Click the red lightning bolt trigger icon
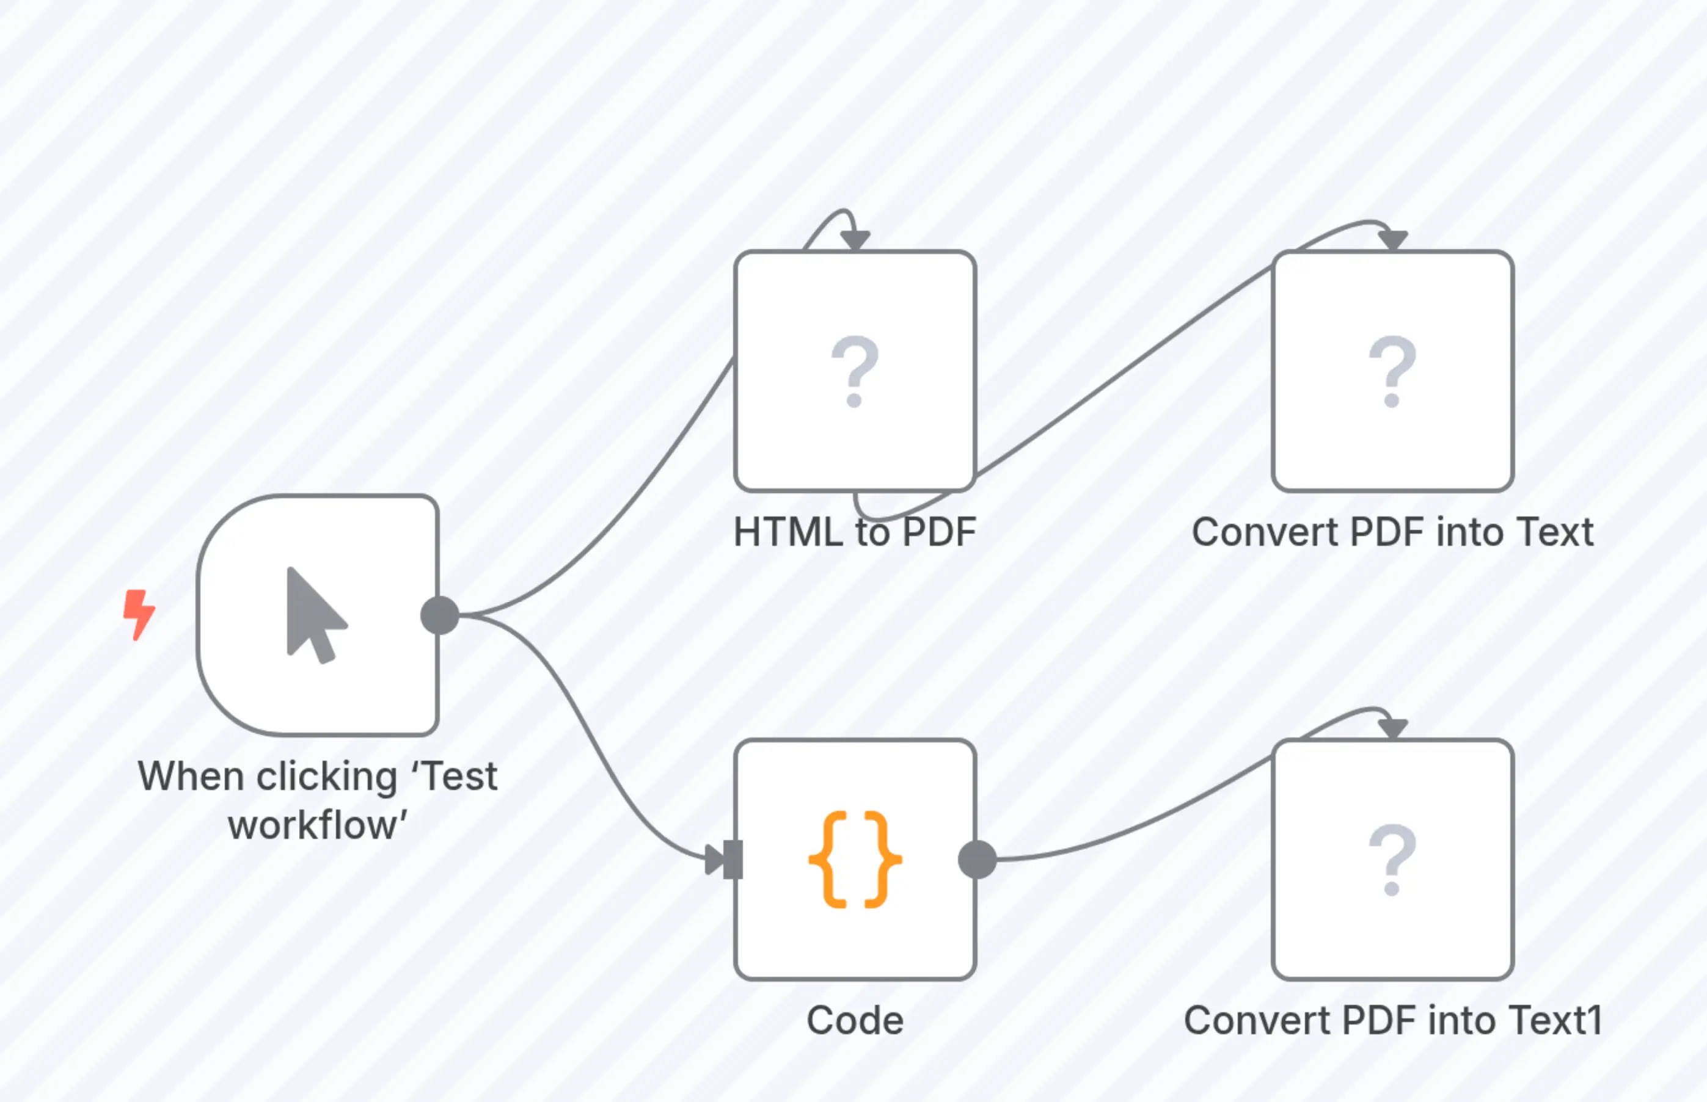139,614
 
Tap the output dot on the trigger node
440,615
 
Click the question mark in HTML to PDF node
854,371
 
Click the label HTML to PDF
855,532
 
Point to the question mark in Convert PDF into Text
1392,371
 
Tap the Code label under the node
855,1020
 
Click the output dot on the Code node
978,860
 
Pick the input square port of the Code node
733,860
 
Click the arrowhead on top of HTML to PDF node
855,241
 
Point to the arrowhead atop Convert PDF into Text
1393,241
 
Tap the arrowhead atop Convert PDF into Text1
1393,728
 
